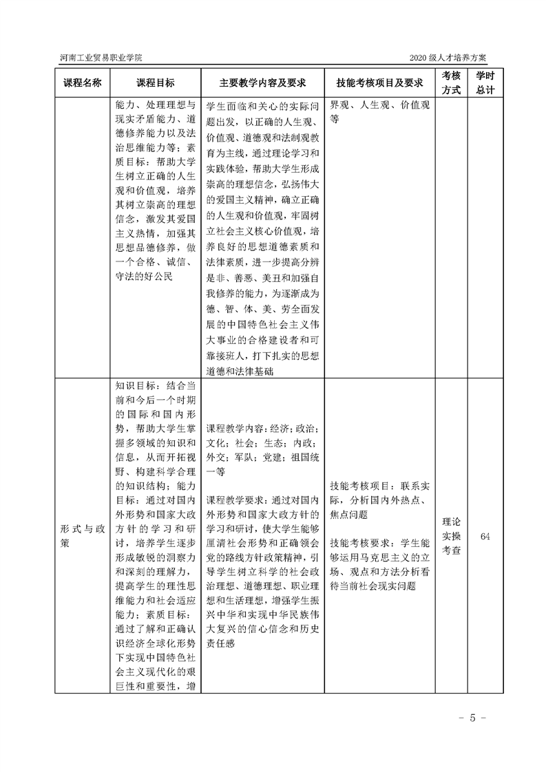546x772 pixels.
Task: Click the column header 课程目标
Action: tap(156, 83)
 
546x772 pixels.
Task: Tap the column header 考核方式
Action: tap(450, 83)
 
